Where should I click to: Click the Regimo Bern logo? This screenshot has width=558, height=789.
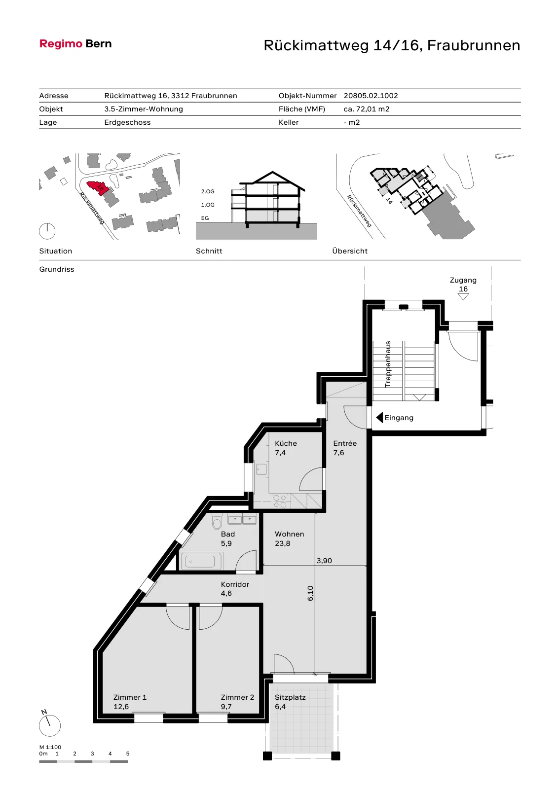point(75,44)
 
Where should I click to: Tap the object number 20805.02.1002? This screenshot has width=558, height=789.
point(371,96)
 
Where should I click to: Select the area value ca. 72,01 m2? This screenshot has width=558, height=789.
point(367,109)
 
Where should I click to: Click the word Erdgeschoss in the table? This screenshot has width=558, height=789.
point(127,122)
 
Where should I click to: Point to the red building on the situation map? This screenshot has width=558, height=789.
point(97,187)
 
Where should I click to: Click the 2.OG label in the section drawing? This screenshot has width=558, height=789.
point(208,191)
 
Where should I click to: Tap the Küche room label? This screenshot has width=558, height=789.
point(286,443)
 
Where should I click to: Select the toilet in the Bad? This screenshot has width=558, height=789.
point(217,521)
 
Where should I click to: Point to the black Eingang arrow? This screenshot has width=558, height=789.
point(379,418)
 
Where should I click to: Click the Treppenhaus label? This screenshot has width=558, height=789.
point(388,364)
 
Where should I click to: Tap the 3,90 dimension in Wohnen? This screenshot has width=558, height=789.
point(324,560)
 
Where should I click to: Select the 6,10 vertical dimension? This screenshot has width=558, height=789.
point(310,593)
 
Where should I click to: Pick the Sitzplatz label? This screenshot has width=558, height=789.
point(290,697)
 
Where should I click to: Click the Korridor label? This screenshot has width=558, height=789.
point(235,584)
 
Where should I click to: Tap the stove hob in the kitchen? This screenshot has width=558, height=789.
point(280,501)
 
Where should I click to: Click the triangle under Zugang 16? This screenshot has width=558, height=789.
point(463,296)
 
